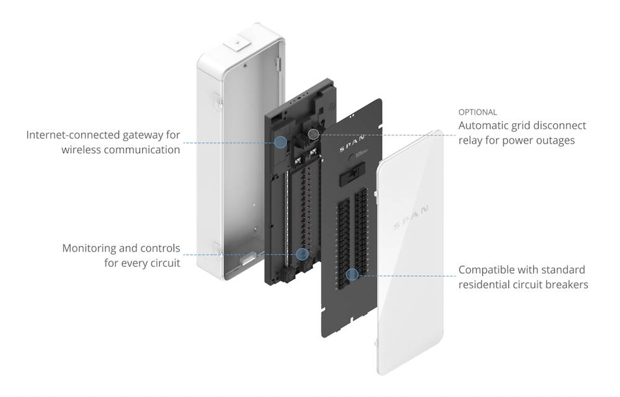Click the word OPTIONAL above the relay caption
tap(477, 113)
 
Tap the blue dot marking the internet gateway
tap(280, 142)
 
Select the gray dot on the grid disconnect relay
tap(314, 133)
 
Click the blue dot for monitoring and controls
tap(303, 253)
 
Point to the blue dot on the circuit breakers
tap(352, 273)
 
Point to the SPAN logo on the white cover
tap(410, 221)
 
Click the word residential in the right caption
tap(489, 285)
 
